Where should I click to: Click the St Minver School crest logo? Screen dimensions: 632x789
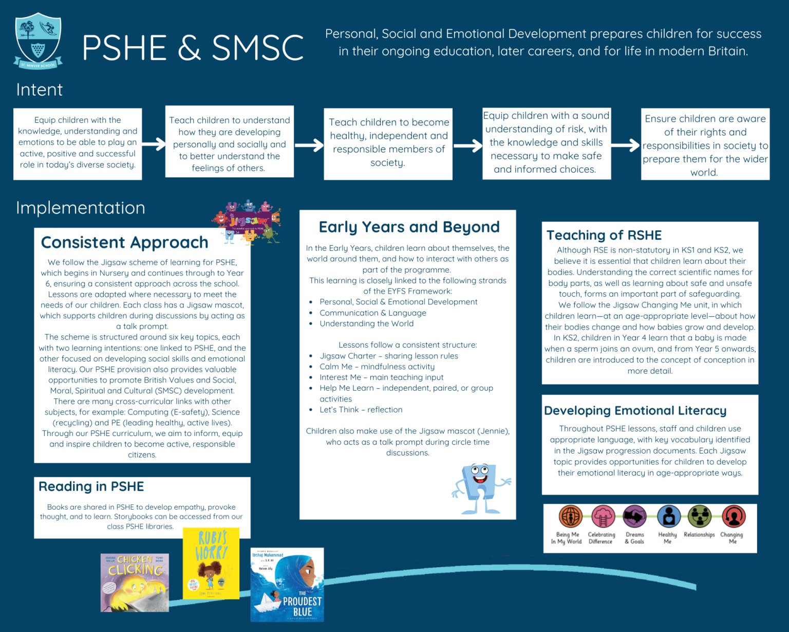click(39, 41)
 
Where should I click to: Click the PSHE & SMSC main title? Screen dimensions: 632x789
click(192, 48)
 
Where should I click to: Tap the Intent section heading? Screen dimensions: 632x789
click(39, 90)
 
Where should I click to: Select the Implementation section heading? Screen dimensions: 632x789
click(80, 208)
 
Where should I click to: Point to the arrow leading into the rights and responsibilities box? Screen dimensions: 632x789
click(626, 145)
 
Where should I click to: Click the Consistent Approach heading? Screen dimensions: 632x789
click(124, 242)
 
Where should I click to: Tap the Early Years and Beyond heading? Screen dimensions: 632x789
click(409, 227)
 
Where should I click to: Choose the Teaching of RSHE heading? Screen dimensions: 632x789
click(604, 235)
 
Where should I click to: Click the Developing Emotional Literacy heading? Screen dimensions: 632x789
click(635, 410)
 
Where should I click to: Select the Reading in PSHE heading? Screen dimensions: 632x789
click(91, 486)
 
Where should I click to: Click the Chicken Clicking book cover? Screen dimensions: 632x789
click(135, 583)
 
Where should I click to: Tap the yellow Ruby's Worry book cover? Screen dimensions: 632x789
click(211, 563)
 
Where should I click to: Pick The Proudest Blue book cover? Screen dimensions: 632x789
click(287, 585)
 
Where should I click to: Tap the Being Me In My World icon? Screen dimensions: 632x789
click(570, 516)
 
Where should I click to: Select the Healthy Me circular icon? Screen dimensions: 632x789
click(668, 516)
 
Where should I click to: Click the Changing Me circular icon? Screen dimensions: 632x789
click(733, 516)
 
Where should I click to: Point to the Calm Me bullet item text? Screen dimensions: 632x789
click(377, 367)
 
